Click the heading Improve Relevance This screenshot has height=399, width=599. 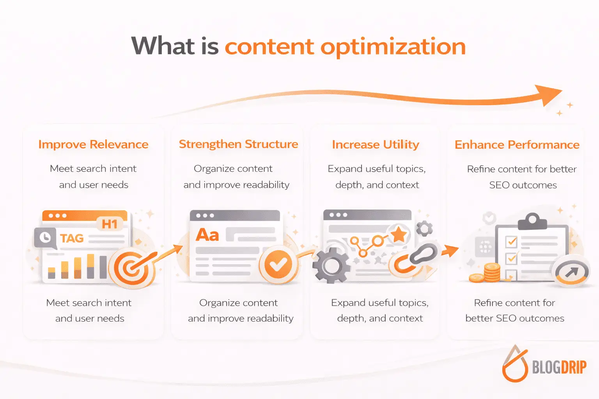93,145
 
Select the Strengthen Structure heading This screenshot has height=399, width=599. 238,145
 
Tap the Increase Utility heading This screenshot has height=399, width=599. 376,145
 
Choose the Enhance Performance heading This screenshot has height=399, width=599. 517,145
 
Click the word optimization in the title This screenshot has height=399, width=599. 393,47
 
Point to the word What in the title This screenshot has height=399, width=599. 163,46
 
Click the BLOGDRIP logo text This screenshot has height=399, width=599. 559,367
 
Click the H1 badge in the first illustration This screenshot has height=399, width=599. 110,224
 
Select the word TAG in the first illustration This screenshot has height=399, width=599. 72,238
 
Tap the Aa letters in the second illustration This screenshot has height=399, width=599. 207,235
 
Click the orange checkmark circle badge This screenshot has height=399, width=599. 278,265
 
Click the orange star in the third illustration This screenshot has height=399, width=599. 399,234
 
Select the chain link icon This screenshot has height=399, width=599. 416,258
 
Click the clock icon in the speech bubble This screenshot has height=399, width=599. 45,237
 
